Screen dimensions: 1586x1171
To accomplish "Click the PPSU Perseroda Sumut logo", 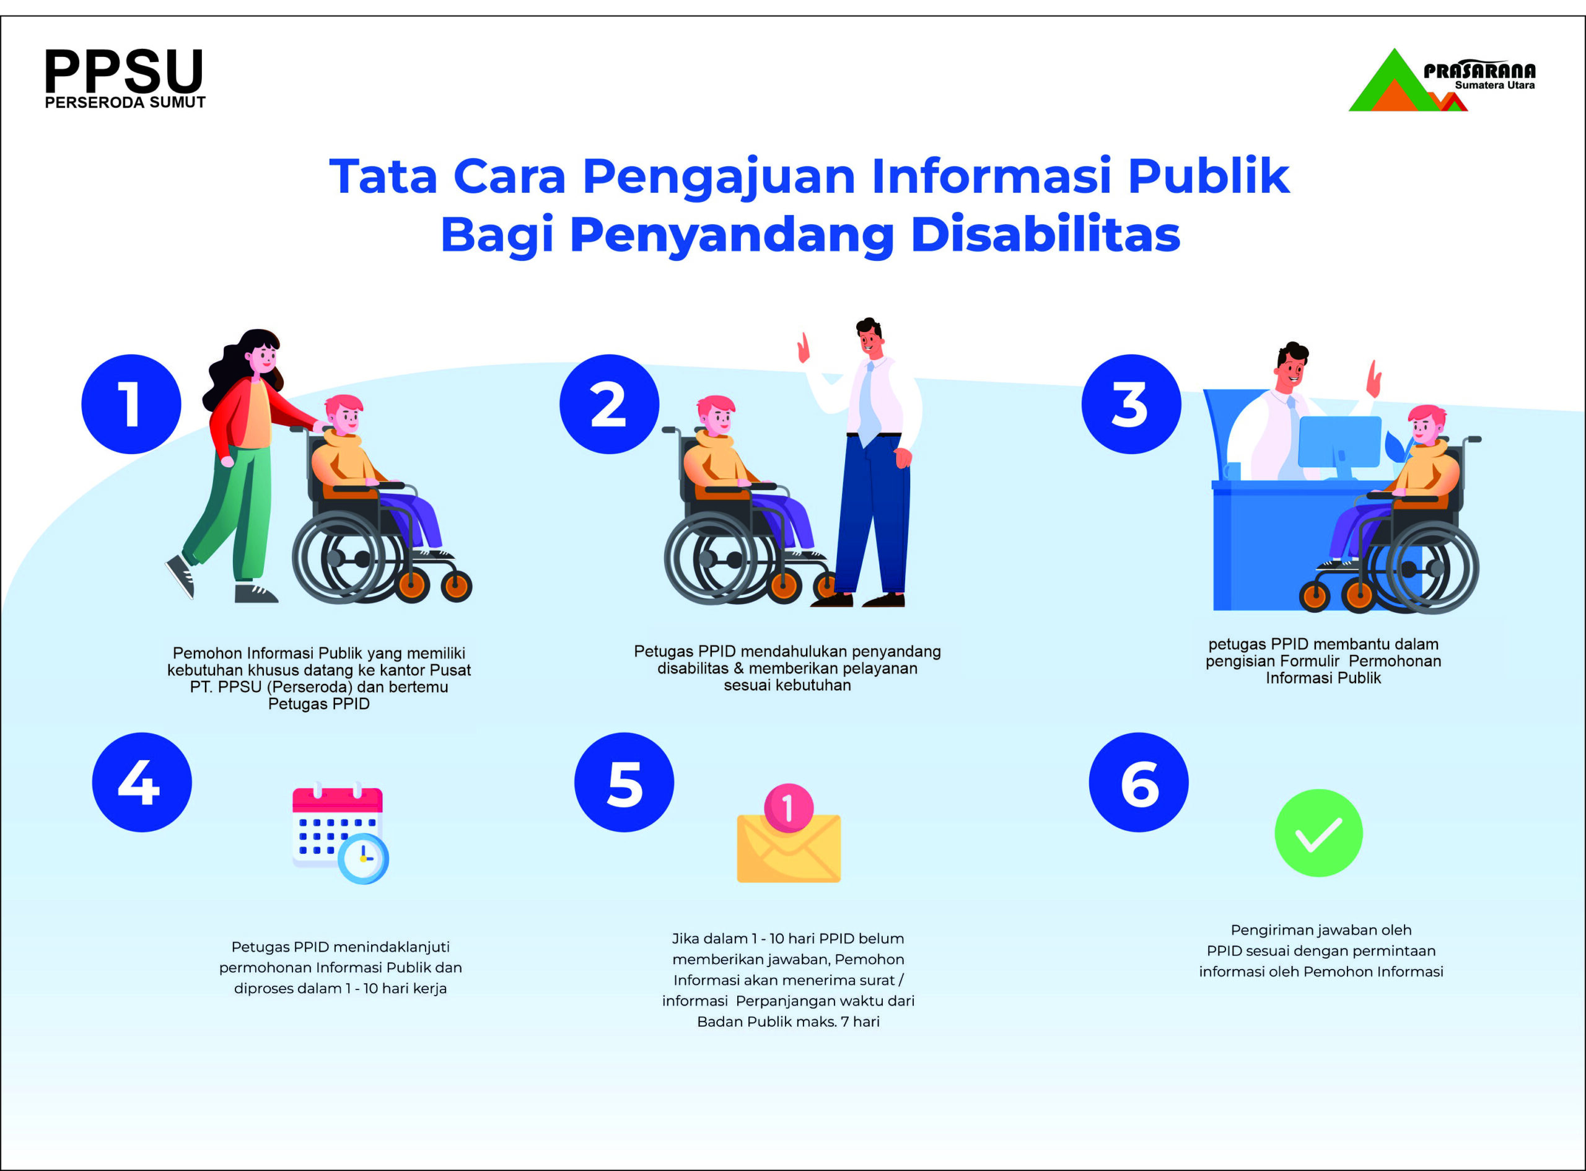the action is [125, 79].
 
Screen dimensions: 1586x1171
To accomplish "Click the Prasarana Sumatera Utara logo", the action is [1442, 80].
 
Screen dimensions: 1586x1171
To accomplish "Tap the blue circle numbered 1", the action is [131, 404].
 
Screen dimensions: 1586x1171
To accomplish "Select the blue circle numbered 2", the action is [610, 404].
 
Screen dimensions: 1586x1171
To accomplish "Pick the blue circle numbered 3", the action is [1131, 404].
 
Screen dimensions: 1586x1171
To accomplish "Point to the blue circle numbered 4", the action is [142, 782].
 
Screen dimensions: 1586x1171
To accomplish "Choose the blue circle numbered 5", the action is [624, 782].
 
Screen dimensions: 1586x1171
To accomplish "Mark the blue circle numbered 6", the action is [1139, 782].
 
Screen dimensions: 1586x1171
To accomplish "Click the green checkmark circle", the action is [1319, 833].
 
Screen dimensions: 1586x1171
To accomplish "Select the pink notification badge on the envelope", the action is [789, 807].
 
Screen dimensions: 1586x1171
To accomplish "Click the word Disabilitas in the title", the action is [1046, 234].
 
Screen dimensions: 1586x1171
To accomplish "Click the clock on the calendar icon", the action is [363, 858].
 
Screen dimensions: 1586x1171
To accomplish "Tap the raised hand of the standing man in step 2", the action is [804, 349].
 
